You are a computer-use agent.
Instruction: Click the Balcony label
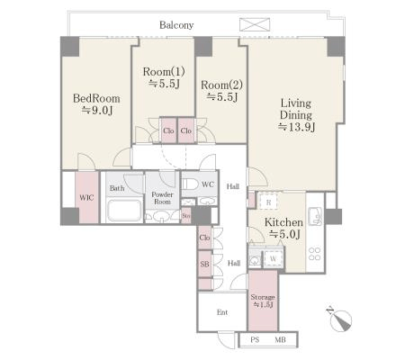[176, 25]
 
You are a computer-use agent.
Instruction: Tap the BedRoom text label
[96, 98]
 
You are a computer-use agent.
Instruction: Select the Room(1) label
[164, 72]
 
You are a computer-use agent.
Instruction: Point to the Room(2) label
[221, 85]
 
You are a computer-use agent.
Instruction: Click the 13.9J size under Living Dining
[296, 127]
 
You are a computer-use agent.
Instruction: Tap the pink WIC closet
[86, 197]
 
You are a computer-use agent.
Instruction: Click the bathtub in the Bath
[124, 211]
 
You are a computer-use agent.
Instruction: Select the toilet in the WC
[190, 184]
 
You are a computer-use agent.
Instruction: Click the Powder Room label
[162, 198]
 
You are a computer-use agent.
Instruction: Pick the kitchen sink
[315, 216]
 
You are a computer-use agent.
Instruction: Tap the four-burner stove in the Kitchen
[315, 254]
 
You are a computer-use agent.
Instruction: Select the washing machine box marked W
[274, 258]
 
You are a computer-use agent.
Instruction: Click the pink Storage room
[263, 301]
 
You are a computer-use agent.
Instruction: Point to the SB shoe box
[204, 264]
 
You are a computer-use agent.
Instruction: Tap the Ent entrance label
[222, 312]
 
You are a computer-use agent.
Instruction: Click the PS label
[255, 340]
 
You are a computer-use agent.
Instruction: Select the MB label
[280, 340]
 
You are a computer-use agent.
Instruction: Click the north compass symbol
[340, 319]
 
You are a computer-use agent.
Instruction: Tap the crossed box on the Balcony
[255, 24]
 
